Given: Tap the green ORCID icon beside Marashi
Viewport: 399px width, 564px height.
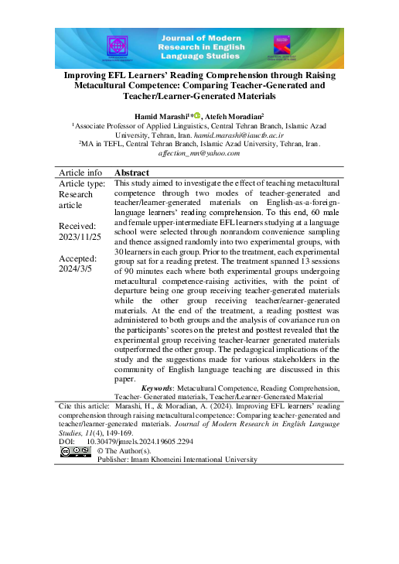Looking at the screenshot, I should [197, 115].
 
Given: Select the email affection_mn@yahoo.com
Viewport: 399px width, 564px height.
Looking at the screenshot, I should [199, 153].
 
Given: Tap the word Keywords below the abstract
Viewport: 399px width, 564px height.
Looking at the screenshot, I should [157, 387].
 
